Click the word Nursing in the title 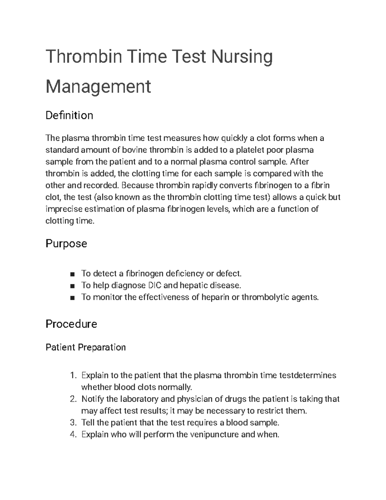click(242, 57)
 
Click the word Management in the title click(98, 87)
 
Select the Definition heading click(69, 115)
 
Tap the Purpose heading click(66, 243)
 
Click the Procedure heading click(71, 324)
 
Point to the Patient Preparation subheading click(86, 347)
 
